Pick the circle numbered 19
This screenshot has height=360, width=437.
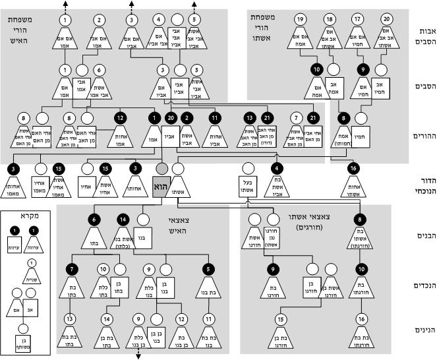click(301, 19)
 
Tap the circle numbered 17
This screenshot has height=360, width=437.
click(357, 19)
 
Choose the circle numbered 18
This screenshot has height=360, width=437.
click(330, 19)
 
